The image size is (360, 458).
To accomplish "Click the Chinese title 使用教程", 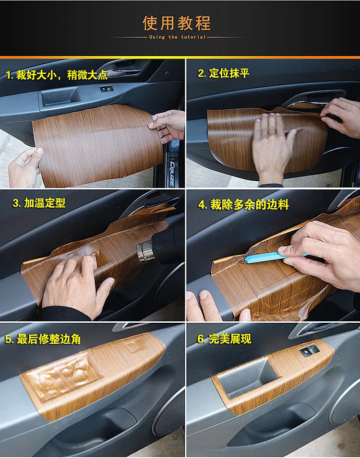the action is [x=177, y=23].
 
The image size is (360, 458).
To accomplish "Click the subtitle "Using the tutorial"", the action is [x=177, y=37].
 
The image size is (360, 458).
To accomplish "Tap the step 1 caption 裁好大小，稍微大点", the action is [x=57, y=75].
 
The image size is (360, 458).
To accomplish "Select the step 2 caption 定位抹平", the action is [x=224, y=73].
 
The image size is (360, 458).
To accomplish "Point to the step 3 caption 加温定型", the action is [x=39, y=203].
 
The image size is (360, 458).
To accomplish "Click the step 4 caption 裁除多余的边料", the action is [x=244, y=204].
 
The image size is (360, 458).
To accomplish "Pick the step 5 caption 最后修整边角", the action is [x=43, y=339].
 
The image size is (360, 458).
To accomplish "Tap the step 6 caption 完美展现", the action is [x=224, y=339].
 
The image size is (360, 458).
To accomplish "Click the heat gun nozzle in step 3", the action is [x=144, y=251].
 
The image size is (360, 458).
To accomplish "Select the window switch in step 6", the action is [x=308, y=350].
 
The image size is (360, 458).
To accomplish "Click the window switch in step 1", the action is [x=106, y=89].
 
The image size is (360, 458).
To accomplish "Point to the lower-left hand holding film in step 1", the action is [x=25, y=168].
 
